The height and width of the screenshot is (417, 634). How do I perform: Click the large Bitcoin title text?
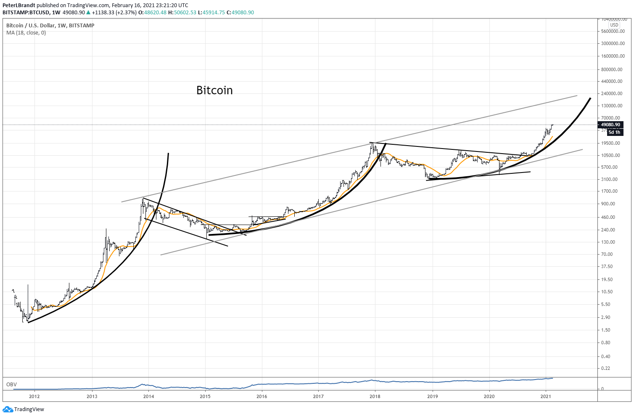214,90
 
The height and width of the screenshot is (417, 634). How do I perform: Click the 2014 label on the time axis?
148,396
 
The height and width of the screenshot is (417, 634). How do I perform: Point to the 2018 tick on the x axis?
375,396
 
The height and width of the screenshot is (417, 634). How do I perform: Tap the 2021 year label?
546,396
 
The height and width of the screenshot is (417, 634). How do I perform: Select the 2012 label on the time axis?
34,396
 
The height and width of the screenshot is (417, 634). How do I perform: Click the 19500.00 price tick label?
610,143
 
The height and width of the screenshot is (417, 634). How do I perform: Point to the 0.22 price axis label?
606,368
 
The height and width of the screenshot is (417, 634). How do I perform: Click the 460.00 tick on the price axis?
608,217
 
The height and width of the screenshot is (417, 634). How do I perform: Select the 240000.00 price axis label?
612,93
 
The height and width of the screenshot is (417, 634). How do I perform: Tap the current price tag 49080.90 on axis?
610,125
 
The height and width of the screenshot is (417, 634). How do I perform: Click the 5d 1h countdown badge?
614,132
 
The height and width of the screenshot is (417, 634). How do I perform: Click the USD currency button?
614,25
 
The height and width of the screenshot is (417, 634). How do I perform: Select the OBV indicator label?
11,384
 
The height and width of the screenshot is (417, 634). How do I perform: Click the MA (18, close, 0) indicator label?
26,33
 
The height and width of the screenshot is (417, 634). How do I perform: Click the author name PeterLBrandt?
19,5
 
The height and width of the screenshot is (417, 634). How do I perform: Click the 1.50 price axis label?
606,330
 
